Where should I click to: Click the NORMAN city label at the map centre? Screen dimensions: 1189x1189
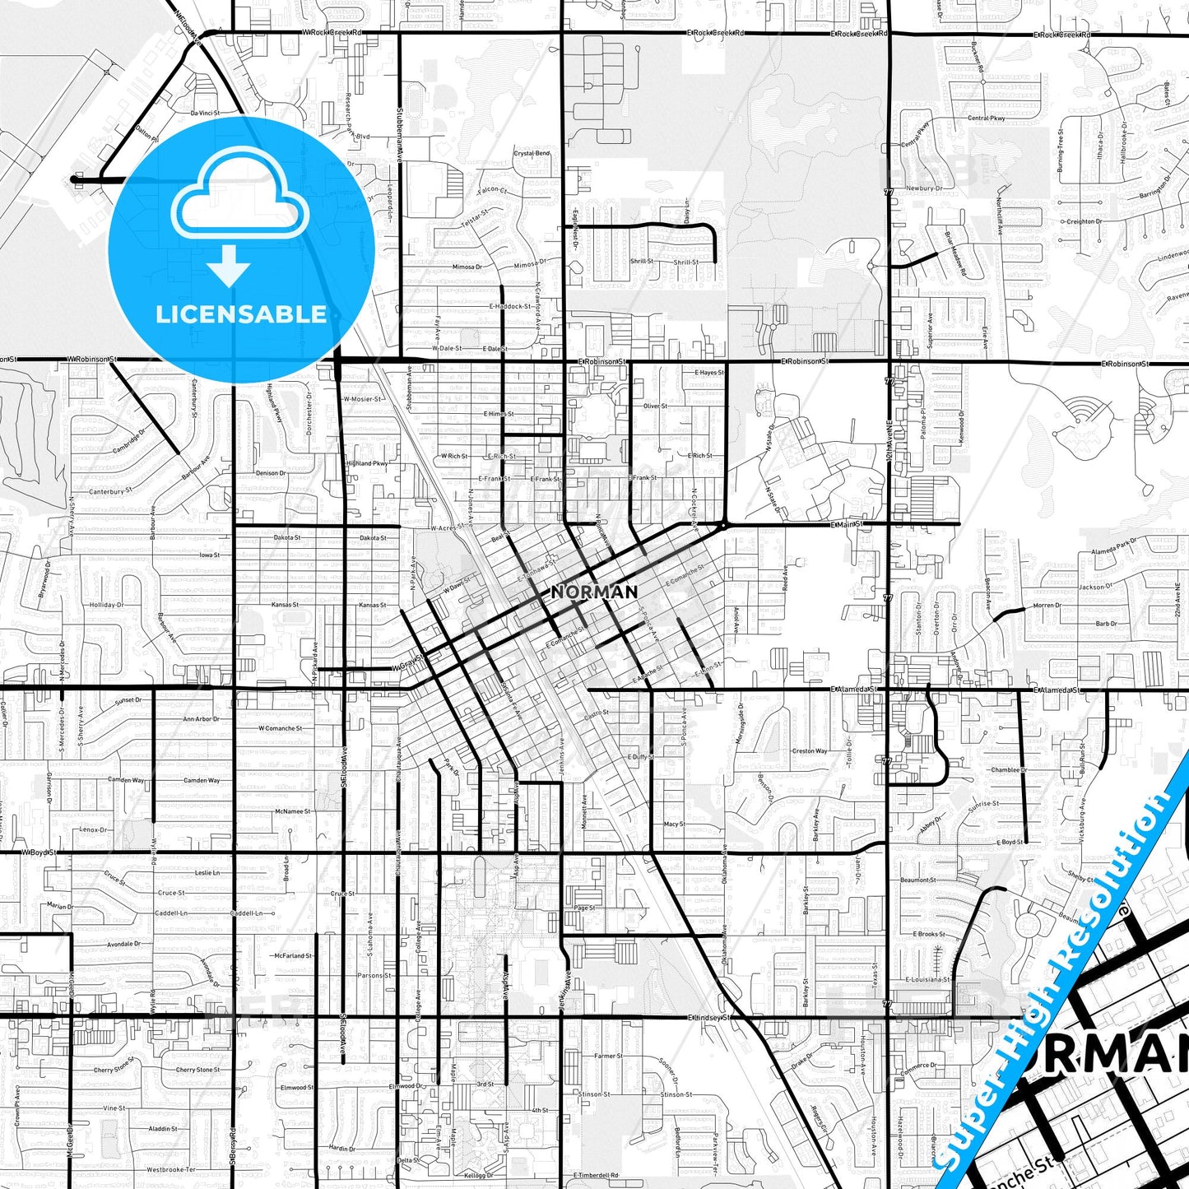pyautogui.click(x=594, y=592)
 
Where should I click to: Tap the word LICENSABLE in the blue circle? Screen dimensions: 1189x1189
pyautogui.click(x=241, y=314)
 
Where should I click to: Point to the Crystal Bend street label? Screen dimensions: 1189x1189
pyautogui.click(x=532, y=153)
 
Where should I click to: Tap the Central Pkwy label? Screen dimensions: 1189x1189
pyautogui.click(x=987, y=118)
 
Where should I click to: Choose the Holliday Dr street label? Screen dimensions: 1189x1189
pyautogui.click(x=107, y=605)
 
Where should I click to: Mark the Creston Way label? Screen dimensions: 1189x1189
pyautogui.click(x=810, y=750)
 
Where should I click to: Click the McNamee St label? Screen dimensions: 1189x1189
pyautogui.click(x=293, y=811)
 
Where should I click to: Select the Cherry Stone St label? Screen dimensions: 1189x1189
pyautogui.click(x=114, y=1070)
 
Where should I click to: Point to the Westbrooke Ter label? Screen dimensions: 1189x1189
pyautogui.click(x=171, y=1169)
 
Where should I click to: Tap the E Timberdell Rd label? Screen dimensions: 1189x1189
pyautogui.click(x=596, y=1175)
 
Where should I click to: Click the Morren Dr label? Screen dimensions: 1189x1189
pyautogui.click(x=1047, y=606)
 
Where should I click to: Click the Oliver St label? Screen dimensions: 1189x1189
pyautogui.click(x=655, y=406)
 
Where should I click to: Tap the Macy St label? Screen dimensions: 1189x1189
pyautogui.click(x=673, y=824)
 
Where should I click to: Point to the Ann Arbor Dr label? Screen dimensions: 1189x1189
pyautogui.click(x=202, y=719)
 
